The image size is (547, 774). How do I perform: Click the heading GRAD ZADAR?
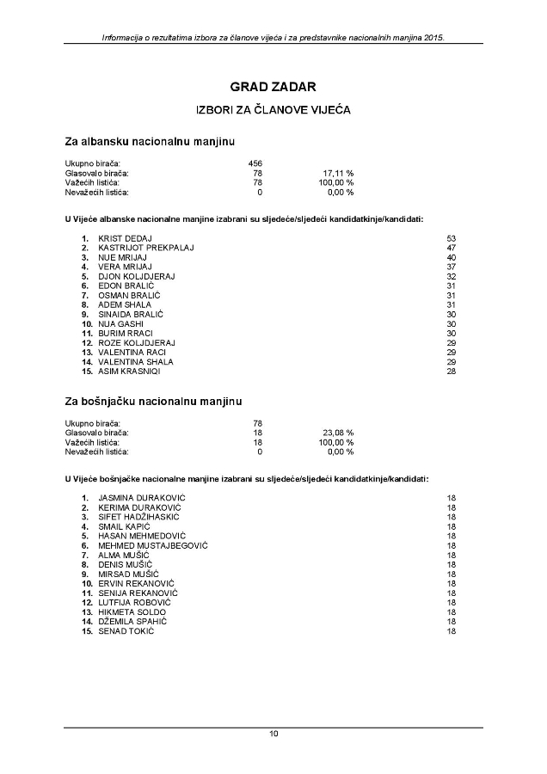(273, 87)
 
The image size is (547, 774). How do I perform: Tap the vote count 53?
(451, 237)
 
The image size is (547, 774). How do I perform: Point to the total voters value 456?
(255, 163)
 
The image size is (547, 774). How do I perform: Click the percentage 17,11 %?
(337, 173)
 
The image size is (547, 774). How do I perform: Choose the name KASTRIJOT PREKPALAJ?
(146, 248)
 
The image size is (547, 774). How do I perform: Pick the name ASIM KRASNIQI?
(129, 372)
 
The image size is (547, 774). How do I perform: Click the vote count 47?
(451, 248)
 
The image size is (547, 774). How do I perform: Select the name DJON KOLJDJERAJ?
(137, 276)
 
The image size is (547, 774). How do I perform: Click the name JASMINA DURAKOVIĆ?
(142, 498)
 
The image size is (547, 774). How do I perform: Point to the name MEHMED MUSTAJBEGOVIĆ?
(153, 545)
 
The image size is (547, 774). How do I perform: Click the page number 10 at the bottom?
(273, 734)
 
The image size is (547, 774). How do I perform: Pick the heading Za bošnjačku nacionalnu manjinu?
(153, 401)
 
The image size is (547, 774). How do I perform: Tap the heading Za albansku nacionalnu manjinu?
(151, 140)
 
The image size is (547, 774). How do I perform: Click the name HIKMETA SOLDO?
(132, 612)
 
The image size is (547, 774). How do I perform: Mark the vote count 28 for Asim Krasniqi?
(451, 372)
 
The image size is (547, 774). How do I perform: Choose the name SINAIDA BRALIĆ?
(132, 314)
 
